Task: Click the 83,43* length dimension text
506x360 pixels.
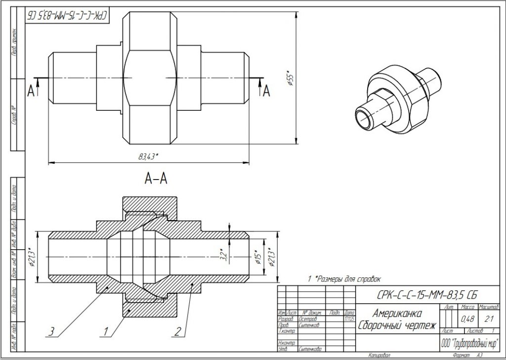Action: [x=148, y=157]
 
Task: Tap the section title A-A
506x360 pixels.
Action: [x=156, y=180]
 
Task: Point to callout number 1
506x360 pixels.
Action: [x=105, y=329]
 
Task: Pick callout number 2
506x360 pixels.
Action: [x=177, y=329]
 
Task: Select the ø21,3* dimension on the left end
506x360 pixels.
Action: [x=31, y=257]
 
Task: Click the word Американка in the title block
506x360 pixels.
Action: [x=397, y=314]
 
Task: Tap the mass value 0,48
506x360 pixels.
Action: [x=466, y=318]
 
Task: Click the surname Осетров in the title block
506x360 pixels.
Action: [x=309, y=319]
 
